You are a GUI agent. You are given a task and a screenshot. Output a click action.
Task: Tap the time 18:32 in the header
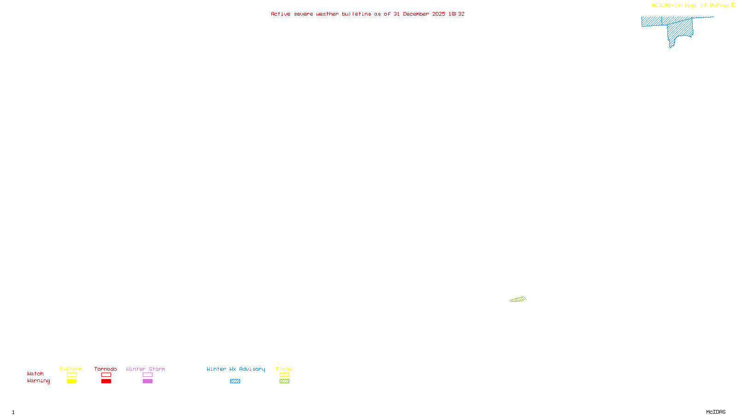(x=456, y=14)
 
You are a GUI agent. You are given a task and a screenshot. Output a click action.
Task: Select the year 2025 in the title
(x=439, y=14)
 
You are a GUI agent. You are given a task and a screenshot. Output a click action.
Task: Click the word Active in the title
(x=281, y=14)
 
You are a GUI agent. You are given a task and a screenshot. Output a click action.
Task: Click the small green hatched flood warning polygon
(x=518, y=299)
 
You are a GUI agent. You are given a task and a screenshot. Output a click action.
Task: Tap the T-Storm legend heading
(x=71, y=369)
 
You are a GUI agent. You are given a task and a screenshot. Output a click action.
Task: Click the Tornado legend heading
(x=105, y=369)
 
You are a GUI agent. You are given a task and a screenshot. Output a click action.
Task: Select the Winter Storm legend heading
(x=146, y=369)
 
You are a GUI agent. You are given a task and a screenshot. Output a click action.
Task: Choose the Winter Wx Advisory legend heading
(x=236, y=369)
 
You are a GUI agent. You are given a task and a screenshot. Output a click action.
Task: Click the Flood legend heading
(x=284, y=369)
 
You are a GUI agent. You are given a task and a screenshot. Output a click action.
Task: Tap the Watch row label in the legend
(x=35, y=373)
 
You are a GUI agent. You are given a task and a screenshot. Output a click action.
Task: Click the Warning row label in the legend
(x=39, y=381)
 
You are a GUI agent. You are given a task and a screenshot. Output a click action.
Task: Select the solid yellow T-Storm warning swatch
(x=71, y=381)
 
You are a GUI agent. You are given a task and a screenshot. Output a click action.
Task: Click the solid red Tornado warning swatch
(x=106, y=381)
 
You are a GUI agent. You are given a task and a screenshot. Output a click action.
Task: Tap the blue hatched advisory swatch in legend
(x=235, y=381)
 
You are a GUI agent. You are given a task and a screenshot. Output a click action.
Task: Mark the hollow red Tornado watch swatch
(x=106, y=375)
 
